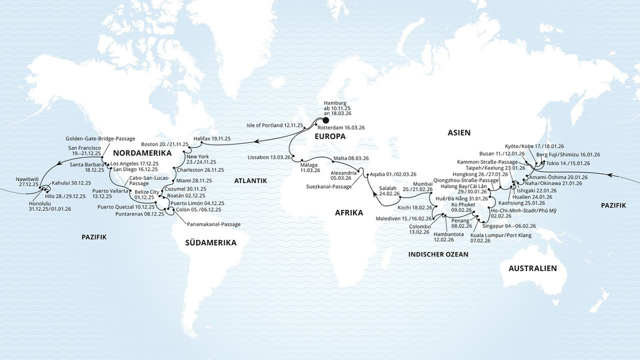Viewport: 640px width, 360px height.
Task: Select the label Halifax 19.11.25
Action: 212,138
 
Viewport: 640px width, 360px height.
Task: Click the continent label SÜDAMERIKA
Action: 211,243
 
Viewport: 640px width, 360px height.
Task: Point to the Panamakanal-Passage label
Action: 213,225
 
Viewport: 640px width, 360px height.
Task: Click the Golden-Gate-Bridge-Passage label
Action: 100,139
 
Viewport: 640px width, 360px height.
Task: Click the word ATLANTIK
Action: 250,181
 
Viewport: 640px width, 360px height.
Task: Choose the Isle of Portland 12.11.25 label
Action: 275,125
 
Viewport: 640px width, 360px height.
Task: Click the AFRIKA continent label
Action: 349,212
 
